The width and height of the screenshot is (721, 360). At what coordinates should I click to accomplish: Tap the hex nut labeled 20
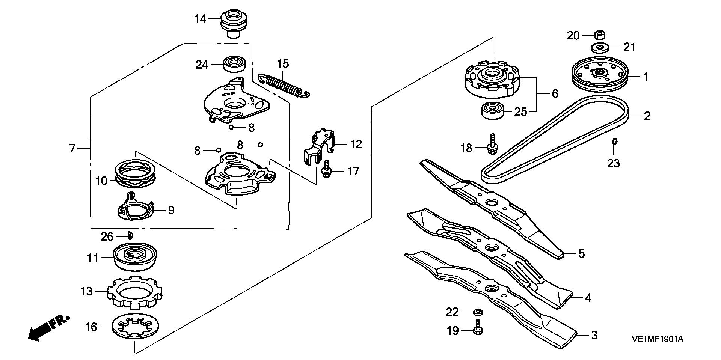coord(599,36)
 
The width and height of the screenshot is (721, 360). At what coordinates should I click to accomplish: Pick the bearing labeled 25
coord(493,111)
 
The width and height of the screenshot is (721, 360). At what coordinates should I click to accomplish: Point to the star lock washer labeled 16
coord(136,327)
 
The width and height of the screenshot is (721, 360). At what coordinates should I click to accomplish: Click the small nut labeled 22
coord(478,312)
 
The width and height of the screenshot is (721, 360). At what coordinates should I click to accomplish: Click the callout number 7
coord(72,148)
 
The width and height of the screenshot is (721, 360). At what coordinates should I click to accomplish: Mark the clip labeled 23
coord(615,141)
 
